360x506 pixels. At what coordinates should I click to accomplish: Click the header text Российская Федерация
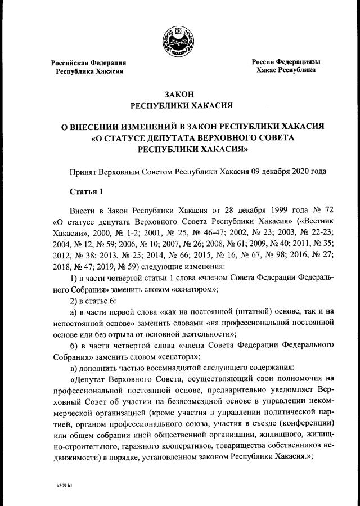[x=88, y=63]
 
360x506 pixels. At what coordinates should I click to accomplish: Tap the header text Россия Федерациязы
[x=286, y=61]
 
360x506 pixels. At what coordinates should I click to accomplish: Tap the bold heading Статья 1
[x=87, y=192]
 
